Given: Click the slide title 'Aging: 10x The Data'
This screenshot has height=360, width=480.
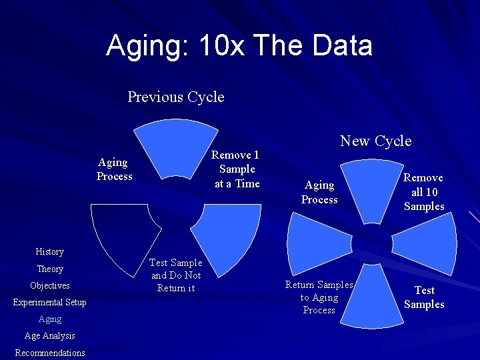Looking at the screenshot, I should pyautogui.click(x=239, y=46).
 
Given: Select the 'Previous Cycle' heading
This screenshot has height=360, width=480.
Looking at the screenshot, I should pyautogui.click(x=176, y=97).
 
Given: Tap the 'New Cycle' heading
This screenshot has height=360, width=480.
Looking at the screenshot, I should pyautogui.click(x=375, y=141).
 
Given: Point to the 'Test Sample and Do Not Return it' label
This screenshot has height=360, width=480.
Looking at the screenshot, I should pyautogui.click(x=176, y=275).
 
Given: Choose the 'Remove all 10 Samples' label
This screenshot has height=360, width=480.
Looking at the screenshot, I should pyautogui.click(x=423, y=192).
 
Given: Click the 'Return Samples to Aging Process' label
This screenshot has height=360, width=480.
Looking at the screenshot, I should pyautogui.click(x=319, y=297).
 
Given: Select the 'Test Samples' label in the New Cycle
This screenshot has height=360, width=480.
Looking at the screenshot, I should pyautogui.click(x=424, y=297).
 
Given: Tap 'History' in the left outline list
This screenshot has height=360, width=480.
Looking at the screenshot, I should pyautogui.click(x=50, y=251).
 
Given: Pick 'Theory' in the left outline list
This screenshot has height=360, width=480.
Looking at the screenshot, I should pyautogui.click(x=50, y=269).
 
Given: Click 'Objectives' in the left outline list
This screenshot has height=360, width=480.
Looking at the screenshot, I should pyautogui.click(x=50, y=285).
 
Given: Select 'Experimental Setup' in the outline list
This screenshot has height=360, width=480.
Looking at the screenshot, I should pyautogui.click(x=50, y=302).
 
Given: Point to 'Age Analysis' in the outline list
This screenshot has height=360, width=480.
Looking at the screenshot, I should pyautogui.click(x=50, y=335).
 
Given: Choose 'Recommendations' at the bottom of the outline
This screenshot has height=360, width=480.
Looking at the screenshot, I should pyautogui.click(x=50, y=353).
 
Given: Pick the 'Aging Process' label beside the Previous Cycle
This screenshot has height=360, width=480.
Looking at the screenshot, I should pyautogui.click(x=114, y=169).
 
